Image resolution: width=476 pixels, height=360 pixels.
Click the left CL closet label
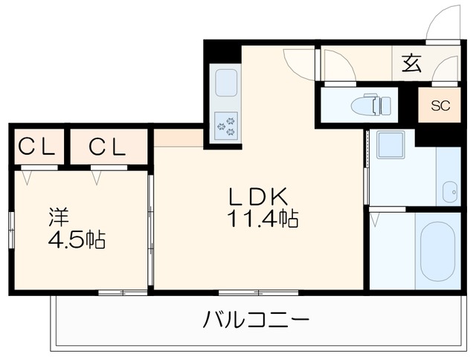[x=36, y=147]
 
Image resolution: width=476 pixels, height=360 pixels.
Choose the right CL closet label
[x=108, y=147]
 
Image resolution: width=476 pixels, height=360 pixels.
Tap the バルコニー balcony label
[x=256, y=322]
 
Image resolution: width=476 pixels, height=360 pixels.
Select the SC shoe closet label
[x=440, y=105]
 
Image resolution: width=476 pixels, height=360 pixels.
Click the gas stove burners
[x=226, y=124]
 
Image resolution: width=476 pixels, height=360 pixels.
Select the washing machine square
[x=390, y=144]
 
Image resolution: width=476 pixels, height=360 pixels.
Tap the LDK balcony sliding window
[x=250, y=291]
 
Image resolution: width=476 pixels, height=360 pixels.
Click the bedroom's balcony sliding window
[x=123, y=292]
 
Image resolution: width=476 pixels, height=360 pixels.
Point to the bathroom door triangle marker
[x=376, y=219]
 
